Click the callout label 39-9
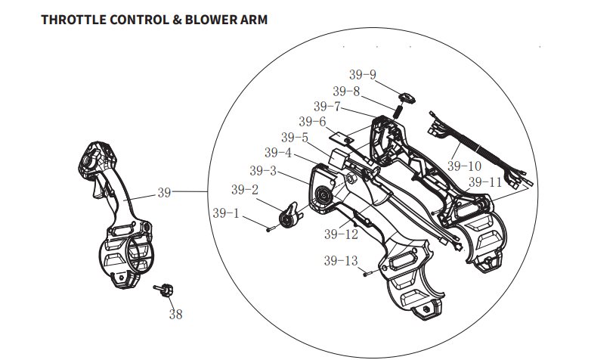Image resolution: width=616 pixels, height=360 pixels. point(362,75)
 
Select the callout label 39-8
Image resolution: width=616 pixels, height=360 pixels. point(346,91)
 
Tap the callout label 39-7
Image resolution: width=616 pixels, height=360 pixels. point(329,107)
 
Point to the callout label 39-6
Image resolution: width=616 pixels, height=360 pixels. point(311,122)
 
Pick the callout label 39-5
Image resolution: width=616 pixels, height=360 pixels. point(295,138)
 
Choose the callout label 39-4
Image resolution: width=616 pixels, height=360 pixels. point(278,154)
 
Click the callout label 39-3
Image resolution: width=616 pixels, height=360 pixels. point(262,170)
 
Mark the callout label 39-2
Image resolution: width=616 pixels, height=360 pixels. point(245,189)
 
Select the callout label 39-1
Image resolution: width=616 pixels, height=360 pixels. point(226,214)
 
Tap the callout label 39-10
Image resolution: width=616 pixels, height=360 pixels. point(464,166)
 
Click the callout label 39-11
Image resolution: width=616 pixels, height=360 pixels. point(484,182)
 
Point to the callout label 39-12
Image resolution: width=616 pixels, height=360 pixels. point(341,234)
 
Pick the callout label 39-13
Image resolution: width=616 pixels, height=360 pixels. point(341,261)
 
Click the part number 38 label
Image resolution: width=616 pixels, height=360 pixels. point(175,314)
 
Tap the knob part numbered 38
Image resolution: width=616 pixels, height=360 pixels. point(164,290)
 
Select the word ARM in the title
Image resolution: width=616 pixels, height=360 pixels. point(252,20)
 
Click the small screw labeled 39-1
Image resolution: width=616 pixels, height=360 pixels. point(269,229)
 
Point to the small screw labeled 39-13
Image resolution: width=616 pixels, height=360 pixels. point(365,274)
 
